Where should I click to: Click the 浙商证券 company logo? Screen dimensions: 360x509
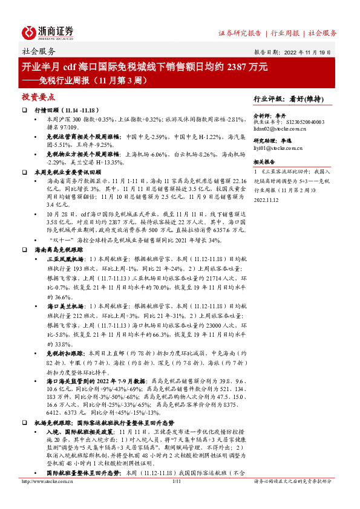(x=48, y=32)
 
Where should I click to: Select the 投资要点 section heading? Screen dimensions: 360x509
(x=39, y=96)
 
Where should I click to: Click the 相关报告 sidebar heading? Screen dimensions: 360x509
(x=264, y=163)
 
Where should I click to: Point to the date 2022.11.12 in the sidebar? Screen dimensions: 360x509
(x=266, y=199)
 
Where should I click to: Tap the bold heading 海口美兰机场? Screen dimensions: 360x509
(x=64, y=307)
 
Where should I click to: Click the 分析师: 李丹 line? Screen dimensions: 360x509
(x=269, y=114)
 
